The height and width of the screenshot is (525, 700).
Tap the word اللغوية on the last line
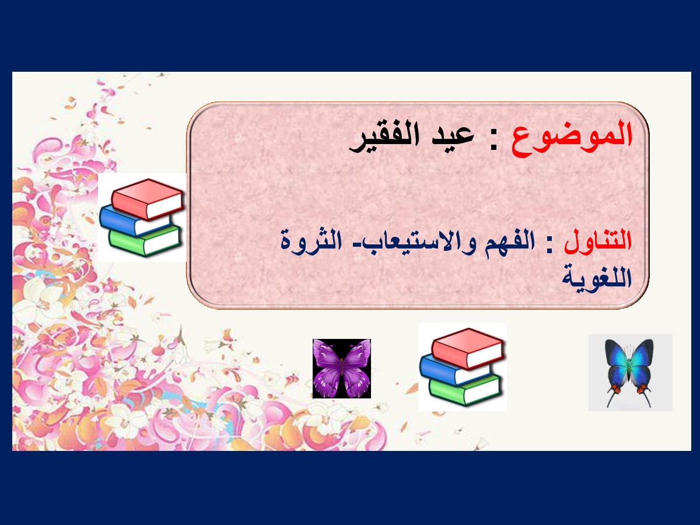point(597,276)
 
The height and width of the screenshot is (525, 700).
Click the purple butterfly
point(342,369)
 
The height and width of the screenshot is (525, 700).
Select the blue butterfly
point(629,372)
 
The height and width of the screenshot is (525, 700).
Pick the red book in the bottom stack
point(468,349)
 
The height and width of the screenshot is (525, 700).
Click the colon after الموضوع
point(493,142)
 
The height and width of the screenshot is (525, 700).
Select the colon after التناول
point(549,246)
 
